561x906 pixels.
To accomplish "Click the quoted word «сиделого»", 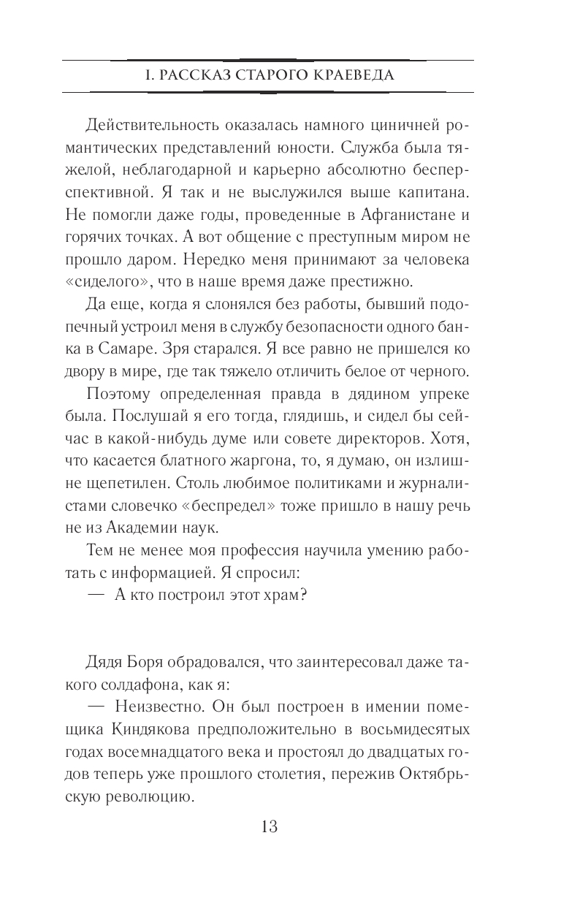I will (118, 282).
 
